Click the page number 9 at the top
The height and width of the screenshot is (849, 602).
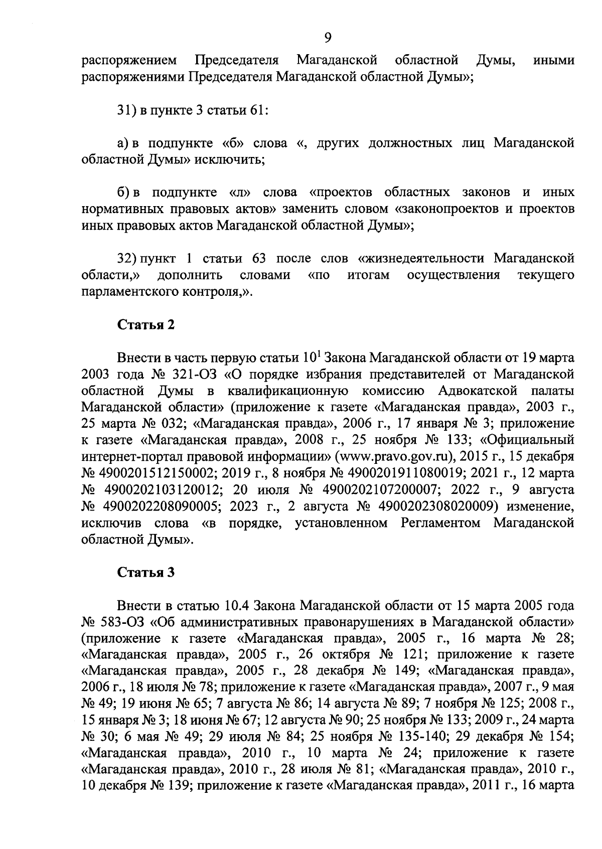click(327, 38)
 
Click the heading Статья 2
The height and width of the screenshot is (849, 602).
click(146, 324)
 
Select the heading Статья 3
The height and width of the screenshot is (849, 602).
click(146, 573)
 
